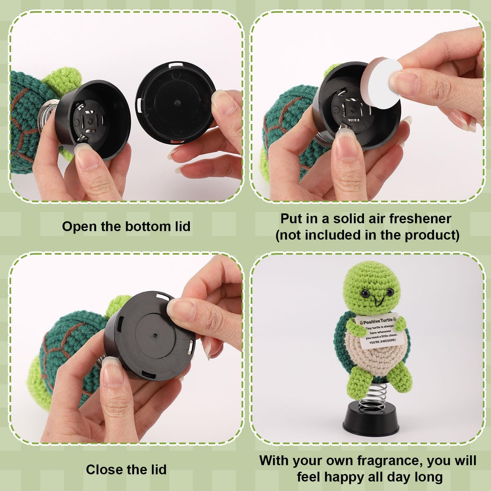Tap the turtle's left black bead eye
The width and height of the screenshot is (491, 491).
pyautogui.click(x=364, y=294)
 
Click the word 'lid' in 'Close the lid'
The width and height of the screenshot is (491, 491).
pyautogui.click(x=159, y=470)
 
